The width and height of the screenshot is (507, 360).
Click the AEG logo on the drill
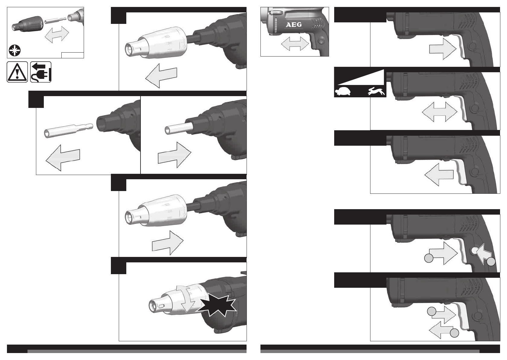[294, 25]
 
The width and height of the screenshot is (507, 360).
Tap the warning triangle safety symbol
[17, 72]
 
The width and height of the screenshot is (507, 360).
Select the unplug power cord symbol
[41, 72]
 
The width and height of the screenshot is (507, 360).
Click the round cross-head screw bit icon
[15, 51]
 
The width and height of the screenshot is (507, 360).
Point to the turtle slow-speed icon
[343, 92]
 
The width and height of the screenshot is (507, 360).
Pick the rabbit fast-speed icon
[376, 92]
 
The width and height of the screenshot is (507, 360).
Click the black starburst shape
[216, 305]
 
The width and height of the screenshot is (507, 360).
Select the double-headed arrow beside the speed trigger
[440, 112]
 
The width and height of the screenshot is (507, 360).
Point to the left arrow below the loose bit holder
[63, 158]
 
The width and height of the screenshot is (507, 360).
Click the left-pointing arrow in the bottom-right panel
[441, 330]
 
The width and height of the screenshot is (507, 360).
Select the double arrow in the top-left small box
[57, 34]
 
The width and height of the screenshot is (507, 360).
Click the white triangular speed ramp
[361, 77]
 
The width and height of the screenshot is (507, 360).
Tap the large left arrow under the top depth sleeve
[161, 76]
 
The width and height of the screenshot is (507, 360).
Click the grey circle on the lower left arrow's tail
[454, 333]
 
